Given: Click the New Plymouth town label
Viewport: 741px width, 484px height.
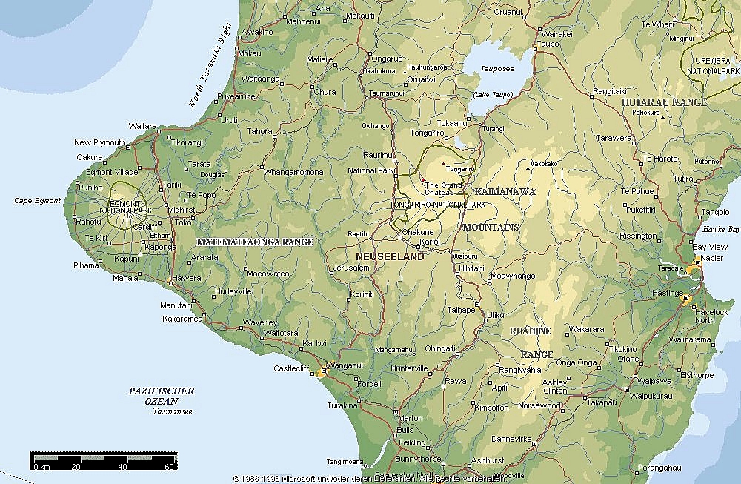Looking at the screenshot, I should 100,142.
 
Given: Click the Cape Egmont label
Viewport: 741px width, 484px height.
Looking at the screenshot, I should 37,201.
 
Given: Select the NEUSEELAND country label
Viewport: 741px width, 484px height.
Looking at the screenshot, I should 390,256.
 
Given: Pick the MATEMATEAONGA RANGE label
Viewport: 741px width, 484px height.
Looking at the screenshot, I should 255,242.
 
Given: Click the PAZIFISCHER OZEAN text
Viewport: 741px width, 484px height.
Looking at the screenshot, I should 161,396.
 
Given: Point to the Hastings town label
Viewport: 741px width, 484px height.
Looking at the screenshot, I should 668,294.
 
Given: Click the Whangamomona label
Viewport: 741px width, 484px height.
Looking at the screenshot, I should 294,172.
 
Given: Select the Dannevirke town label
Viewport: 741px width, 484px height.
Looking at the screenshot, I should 511,438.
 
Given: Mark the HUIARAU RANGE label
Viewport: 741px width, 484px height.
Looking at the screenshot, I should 665,102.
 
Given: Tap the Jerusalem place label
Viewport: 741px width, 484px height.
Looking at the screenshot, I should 352,268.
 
